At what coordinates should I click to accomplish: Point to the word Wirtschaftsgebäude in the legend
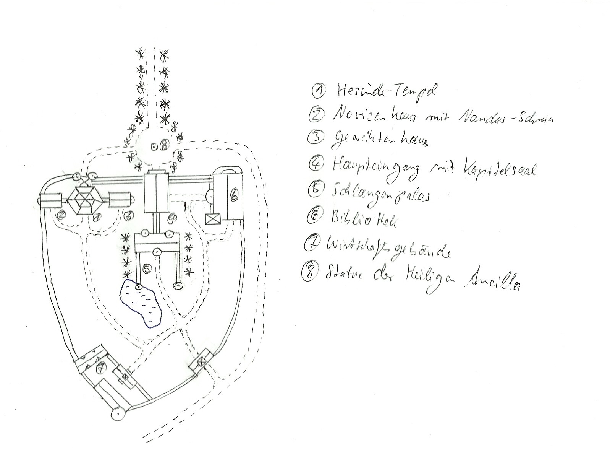pos(388,248)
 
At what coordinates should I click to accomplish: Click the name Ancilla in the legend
pos(491,282)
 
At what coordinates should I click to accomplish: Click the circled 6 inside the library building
pos(234,196)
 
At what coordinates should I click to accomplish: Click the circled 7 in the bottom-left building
pos(100,368)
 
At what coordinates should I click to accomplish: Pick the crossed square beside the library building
pos(210,221)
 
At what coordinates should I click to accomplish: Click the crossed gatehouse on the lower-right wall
pos(201,360)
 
